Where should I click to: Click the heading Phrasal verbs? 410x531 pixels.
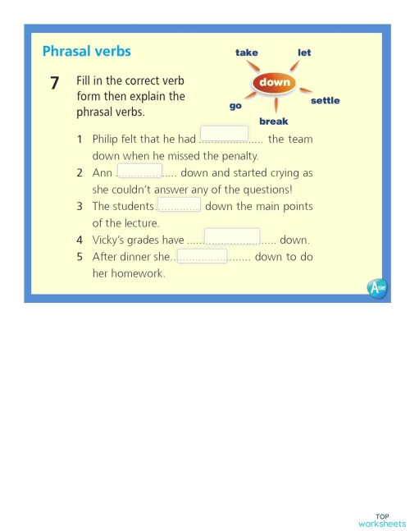86,51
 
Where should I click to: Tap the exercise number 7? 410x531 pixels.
54,82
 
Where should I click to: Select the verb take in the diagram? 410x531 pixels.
246,53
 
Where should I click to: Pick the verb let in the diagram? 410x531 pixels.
304,53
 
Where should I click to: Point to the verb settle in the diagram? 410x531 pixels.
325,101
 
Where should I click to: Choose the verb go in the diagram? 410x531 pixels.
235,106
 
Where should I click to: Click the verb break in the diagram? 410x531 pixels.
273,121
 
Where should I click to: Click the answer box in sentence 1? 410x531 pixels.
224,134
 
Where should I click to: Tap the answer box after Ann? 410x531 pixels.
139,170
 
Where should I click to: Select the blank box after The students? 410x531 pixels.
179,204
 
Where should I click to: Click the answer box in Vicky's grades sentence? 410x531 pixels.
231,237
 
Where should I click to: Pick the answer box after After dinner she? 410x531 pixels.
202,256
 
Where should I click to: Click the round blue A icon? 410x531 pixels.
376,288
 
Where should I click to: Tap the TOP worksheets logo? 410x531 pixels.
382,520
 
